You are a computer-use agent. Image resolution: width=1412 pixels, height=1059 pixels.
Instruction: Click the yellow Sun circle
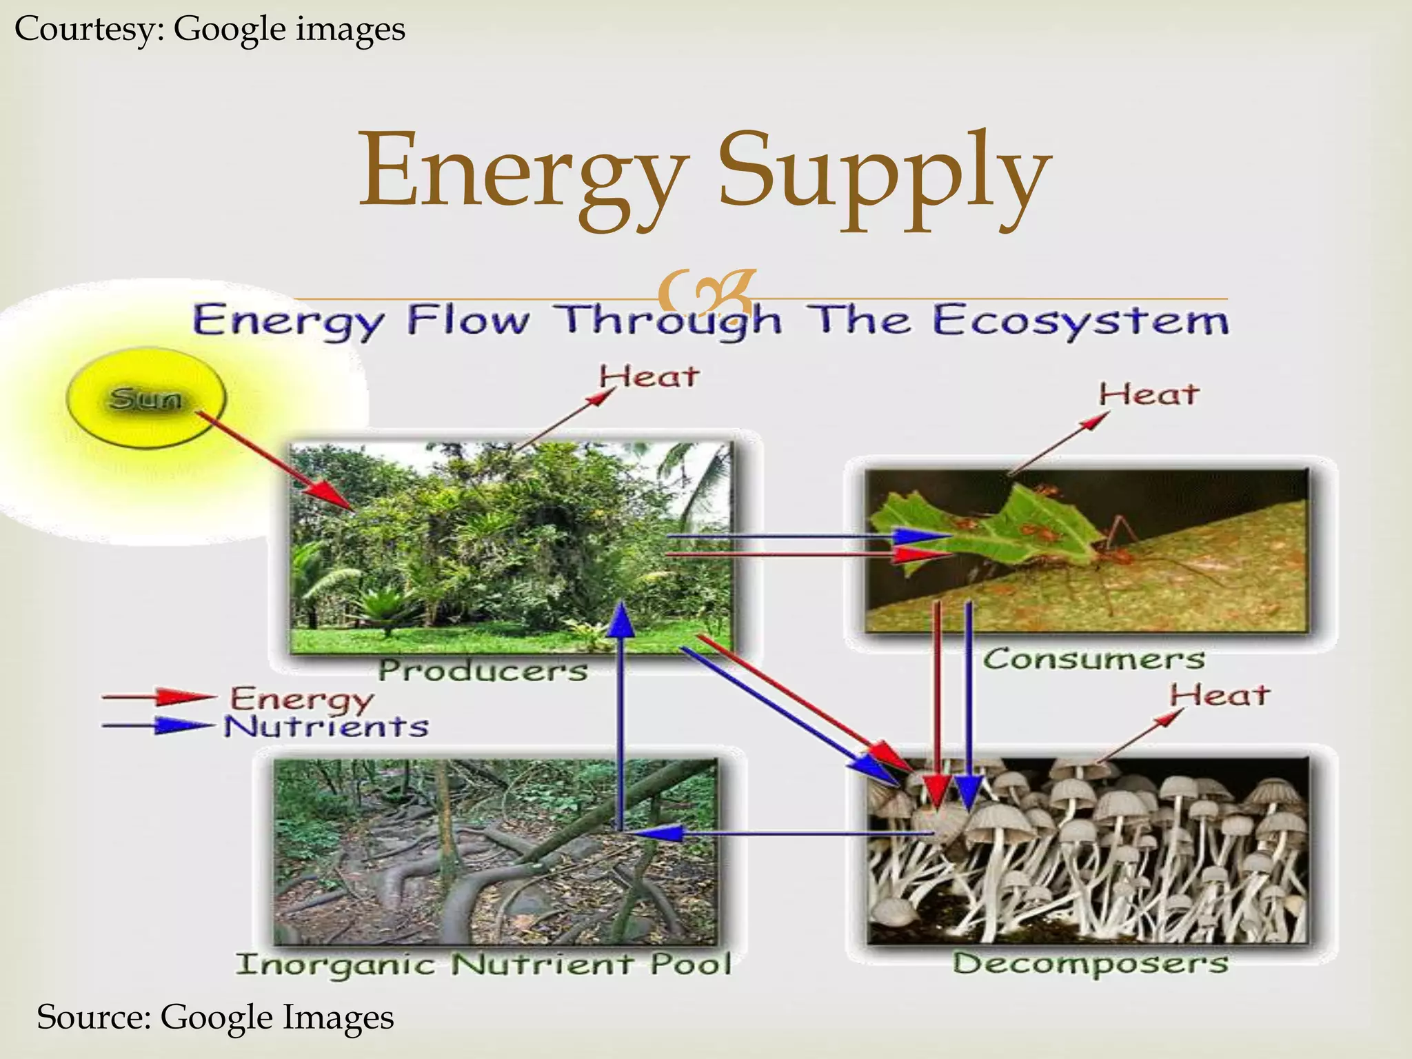click(x=145, y=398)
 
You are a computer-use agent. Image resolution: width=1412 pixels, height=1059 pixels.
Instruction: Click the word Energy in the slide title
click(x=524, y=172)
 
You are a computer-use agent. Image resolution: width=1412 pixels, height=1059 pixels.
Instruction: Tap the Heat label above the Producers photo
click(x=649, y=377)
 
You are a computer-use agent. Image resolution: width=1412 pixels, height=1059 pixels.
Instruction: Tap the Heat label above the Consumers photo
click(x=1149, y=395)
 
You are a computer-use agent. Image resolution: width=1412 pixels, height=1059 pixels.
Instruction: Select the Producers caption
click(x=483, y=670)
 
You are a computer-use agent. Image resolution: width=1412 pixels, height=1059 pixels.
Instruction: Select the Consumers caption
click(x=1093, y=658)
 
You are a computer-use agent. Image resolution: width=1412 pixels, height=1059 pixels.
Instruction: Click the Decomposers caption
click(x=1090, y=963)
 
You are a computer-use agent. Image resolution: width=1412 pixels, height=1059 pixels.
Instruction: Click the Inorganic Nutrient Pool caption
click(x=483, y=964)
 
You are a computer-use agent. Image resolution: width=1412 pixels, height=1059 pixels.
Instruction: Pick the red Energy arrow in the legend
click(x=159, y=697)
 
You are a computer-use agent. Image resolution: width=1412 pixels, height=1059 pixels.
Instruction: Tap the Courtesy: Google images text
click(x=210, y=29)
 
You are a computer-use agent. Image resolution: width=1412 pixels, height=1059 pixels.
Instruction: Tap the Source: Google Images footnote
click(x=215, y=1017)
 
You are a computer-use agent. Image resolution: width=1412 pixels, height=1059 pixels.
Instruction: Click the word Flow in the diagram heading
click(x=469, y=321)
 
